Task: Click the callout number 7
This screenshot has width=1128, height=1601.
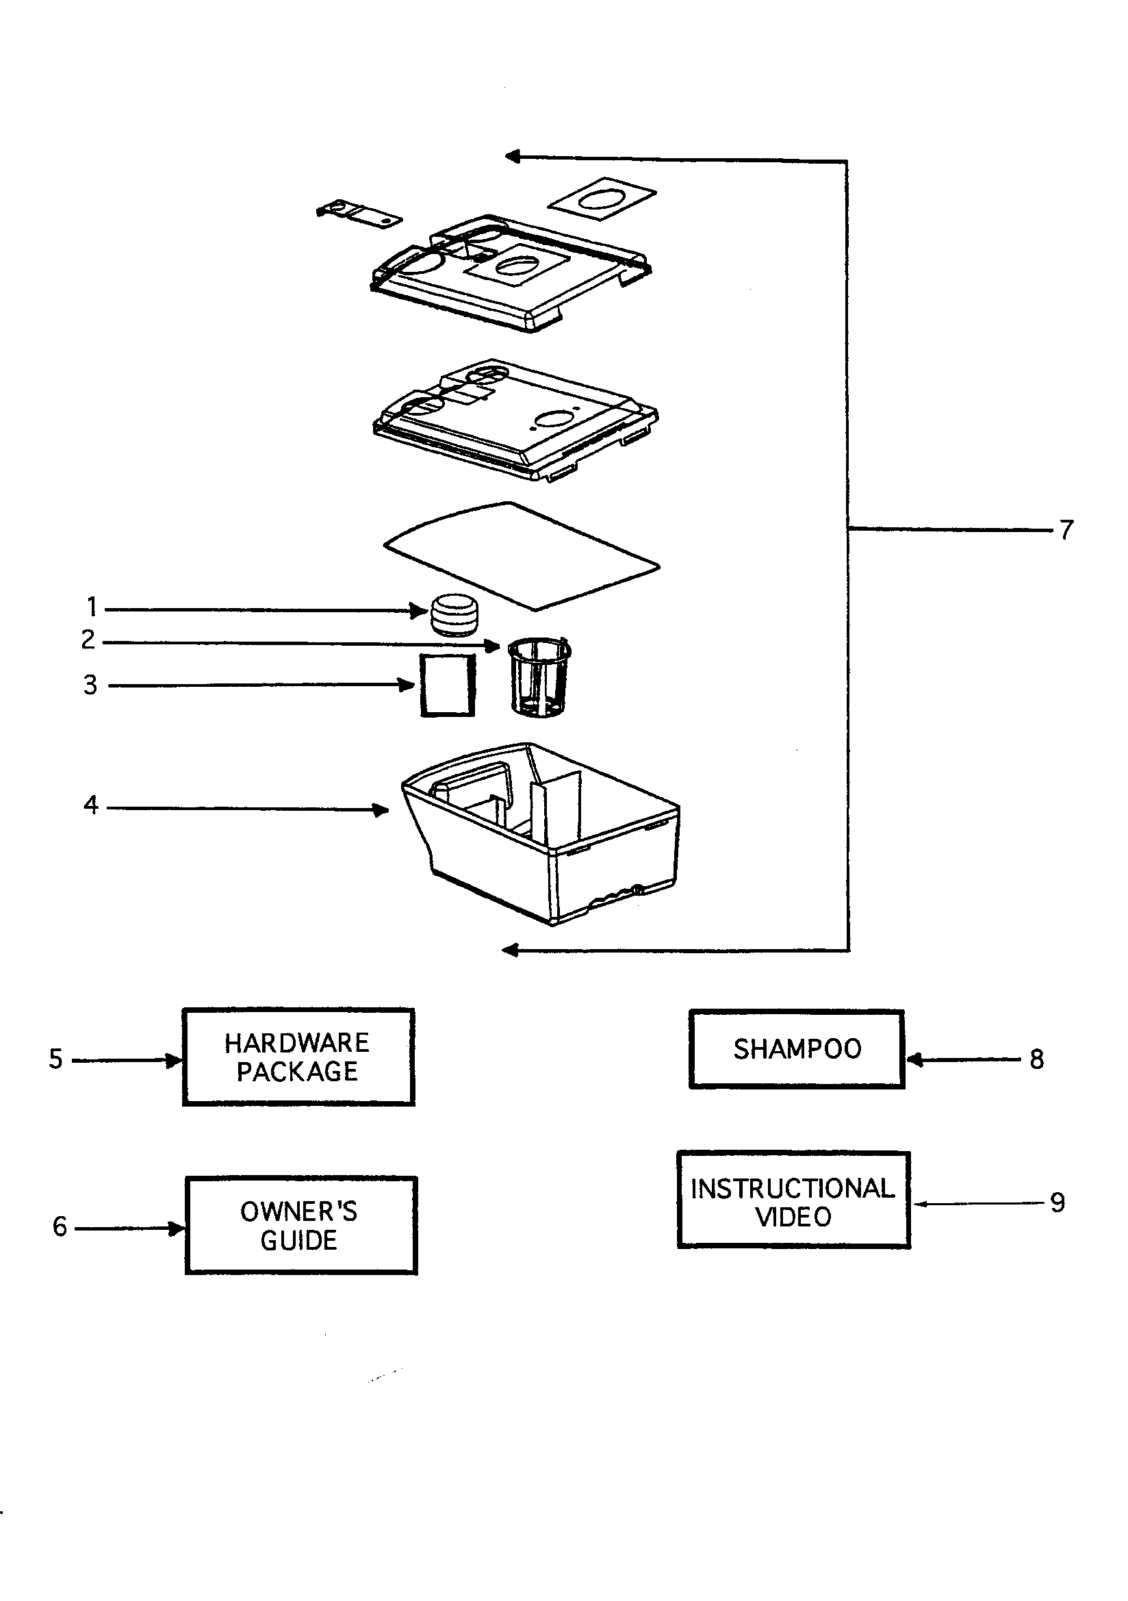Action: (x=1066, y=530)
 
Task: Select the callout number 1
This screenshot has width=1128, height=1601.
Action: (x=91, y=607)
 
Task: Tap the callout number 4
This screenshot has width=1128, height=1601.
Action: (x=90, y=805)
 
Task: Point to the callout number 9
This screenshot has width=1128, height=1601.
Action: (x=1057, y=1202)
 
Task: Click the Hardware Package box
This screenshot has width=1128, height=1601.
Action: (x=298, y=1057)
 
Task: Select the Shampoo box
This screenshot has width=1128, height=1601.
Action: (x=797, y=1049)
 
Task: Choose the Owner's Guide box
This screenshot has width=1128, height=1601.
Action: (x=301, y=1225)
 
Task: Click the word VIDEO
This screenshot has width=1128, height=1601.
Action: (x=793, y=1218)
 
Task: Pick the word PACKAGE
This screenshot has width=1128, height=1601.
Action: (x=298, y=1072)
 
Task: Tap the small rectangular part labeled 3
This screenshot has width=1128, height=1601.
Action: (x=448, y=685)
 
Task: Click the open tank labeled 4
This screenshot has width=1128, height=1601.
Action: (x=540, y=833)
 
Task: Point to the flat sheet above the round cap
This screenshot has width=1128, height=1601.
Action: (x=522, y=556)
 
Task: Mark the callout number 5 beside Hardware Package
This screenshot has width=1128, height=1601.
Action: (x=55, y=1059)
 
